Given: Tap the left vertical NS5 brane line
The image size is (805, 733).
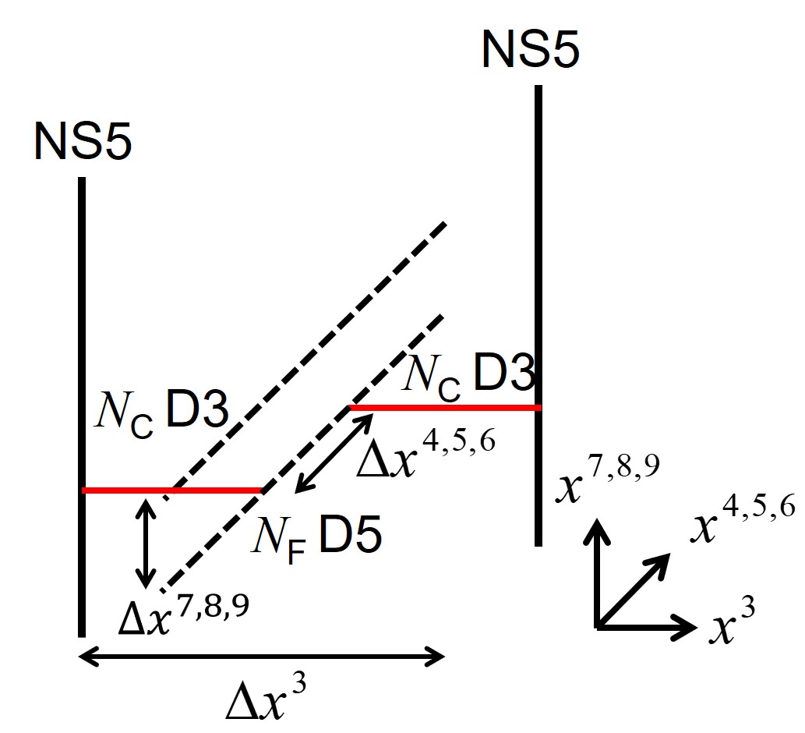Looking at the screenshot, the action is click(81, 351).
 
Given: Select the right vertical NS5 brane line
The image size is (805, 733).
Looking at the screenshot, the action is click(538, 234).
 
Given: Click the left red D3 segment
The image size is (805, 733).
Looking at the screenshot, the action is click(171, 490).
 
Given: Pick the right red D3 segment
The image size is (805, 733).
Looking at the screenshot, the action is click(444, 407).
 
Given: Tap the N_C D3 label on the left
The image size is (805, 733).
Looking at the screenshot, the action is click(160, 412).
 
